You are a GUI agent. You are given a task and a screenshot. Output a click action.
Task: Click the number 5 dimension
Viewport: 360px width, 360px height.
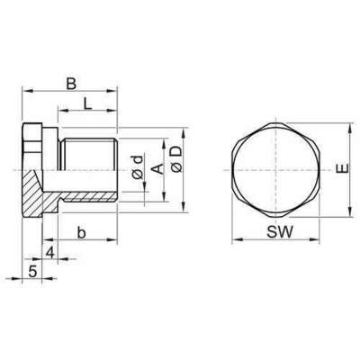[32, 271]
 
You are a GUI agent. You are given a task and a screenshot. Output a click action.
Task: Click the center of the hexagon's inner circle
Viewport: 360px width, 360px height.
[277, 171]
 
